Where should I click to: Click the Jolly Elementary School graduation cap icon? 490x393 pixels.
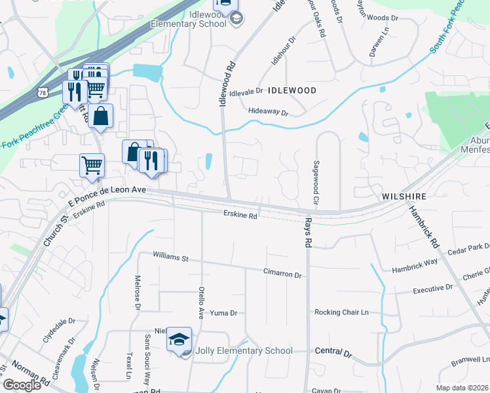pos(178,339)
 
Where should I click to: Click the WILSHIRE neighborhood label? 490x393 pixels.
pos(404,196)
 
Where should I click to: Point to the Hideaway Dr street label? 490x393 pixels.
pos(269,113)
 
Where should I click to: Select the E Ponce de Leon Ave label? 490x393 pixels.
pos(105,188)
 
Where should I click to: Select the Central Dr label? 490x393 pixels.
pos(333,353)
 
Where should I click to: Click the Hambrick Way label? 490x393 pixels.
pos(415,267)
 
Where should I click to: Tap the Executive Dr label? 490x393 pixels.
pos(433,288)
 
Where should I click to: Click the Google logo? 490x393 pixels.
pos(22,384)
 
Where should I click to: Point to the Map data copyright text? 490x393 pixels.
pos(462,388)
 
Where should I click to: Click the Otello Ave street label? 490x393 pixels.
pos(202,299)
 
